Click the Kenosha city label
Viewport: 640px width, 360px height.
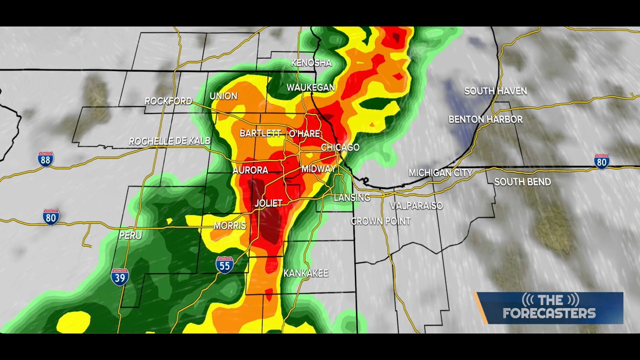coord(311,63)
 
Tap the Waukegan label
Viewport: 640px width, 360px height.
coord(310,87)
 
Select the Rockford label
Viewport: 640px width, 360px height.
coord(168,101)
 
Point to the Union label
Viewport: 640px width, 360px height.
coord(223,96)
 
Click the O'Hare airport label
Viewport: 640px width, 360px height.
coord(304,133)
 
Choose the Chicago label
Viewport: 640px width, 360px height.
coord(340,147)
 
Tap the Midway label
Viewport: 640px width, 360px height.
coord(318,169)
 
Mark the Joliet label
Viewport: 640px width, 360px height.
coord(268,203)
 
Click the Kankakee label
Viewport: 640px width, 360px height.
coord(305,273)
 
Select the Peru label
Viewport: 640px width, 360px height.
coord(130,235)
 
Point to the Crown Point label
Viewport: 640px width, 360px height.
coord(380,221)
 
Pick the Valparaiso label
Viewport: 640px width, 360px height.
coord(416,205)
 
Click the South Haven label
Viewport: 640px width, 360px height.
coord(495,91)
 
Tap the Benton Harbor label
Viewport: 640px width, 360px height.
coord(485,119)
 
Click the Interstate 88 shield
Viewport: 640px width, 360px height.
coord(45,159)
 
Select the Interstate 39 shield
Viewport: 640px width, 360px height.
coord(119,276)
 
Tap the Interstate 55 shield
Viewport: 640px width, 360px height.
coord(224,264)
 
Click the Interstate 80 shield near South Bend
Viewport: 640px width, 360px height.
coord(601,161)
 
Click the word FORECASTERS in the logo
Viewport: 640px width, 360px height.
coord(549,313)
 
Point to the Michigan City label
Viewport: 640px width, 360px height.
coord(440,173)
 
